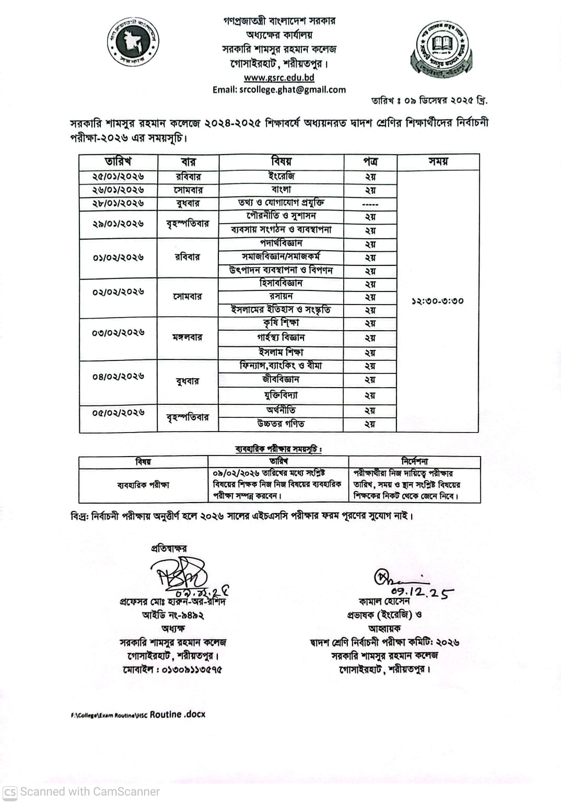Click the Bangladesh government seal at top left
click(x=133, y=42)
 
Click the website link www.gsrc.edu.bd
click(x=279, y=77)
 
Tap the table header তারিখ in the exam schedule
click(x=118, y=161)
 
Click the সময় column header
click(x=438, y=161)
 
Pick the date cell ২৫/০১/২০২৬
click(x=118, y=177)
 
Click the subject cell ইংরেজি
click(x=281, y=177)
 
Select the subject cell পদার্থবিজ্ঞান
click(x=281, y=243)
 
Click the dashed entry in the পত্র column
click(x=370, y=204)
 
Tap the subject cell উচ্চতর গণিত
click(x=281, y=424)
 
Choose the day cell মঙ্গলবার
click(x=188, y=337)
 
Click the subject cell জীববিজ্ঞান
click(x=281, y=379)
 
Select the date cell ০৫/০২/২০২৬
click(x=118, y=413)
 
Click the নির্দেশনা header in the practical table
click(x=414, y=461)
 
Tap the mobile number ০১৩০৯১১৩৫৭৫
click(x=172, y=669)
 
